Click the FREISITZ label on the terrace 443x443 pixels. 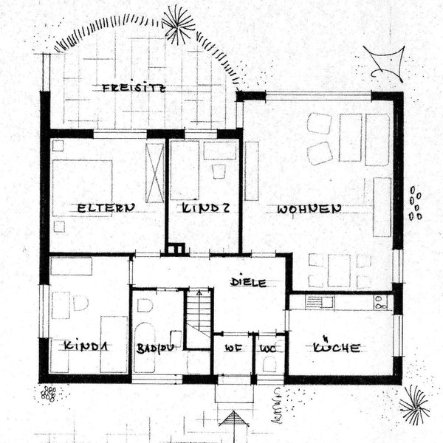[134, 88]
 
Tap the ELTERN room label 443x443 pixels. [106, 209]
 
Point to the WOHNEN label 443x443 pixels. [309, 209]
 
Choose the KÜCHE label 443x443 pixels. [336, 346]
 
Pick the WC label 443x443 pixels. [267, 346]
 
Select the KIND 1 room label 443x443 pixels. [86, 346]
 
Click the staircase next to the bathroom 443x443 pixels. [198, 317]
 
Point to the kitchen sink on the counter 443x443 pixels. [320, 301]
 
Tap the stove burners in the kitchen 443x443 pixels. [382, 301]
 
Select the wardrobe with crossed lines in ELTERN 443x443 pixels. [155, 172]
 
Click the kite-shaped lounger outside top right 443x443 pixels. [384, 63]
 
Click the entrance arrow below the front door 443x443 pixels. [236, 425]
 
